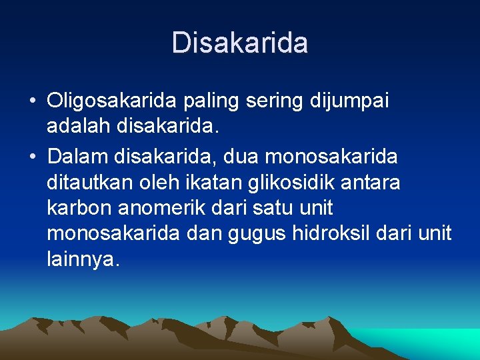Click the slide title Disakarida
pyautogui.click(x=240, y=43)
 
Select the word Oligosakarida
pyautogui.click(x=111, y=101)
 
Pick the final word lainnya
pyautogui.click(x=83, y=259)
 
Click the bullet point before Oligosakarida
pyautogui.click(x=32, y=102)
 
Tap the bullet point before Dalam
pyautogui.click(x=32, y=157)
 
